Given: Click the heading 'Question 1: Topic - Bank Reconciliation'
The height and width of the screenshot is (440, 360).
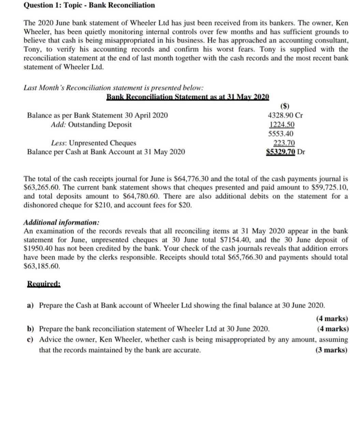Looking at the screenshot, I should point(89,5).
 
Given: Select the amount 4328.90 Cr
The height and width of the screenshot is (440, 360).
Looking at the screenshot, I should point(285,115).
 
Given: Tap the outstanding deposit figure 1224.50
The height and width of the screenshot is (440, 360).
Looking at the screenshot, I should point(282,124).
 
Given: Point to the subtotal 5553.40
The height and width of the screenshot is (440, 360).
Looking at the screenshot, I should point(281,134).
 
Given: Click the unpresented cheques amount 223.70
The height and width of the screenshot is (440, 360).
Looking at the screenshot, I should point(284,143).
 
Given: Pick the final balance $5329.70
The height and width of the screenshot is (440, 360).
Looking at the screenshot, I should point(280,152).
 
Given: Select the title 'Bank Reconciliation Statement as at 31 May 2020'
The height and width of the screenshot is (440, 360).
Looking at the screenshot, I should point(188,97).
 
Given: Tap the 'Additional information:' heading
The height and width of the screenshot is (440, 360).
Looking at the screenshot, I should point(61,222).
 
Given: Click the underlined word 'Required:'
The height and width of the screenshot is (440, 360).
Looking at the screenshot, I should point(44,284).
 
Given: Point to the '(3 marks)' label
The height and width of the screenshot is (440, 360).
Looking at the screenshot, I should point(332,350).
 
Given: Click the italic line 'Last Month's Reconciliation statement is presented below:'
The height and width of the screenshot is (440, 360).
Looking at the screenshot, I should point(114,88).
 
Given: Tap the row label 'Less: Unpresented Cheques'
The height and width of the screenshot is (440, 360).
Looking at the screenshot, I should point(93,143).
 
